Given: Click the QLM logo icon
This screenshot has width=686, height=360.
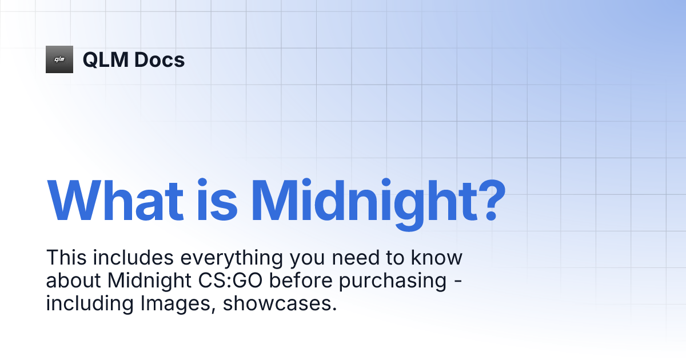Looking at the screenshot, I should click(x=59, y=59).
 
